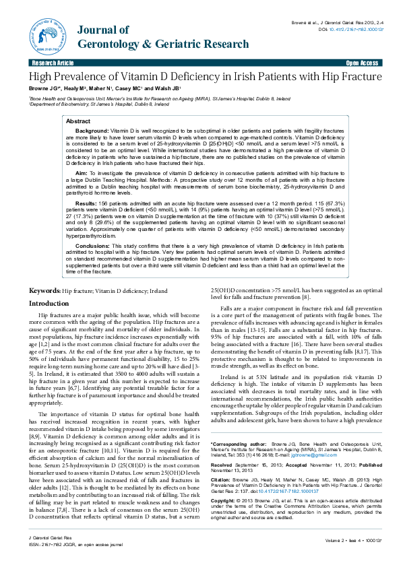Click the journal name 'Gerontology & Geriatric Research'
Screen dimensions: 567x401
[x=163, y=44]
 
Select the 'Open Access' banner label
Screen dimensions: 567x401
[x=362, y=63]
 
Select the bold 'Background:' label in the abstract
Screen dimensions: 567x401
[x=91, y=129]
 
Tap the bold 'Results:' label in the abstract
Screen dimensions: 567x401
[x=86, y=203]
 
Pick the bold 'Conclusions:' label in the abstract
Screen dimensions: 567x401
[x=93, y=246]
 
